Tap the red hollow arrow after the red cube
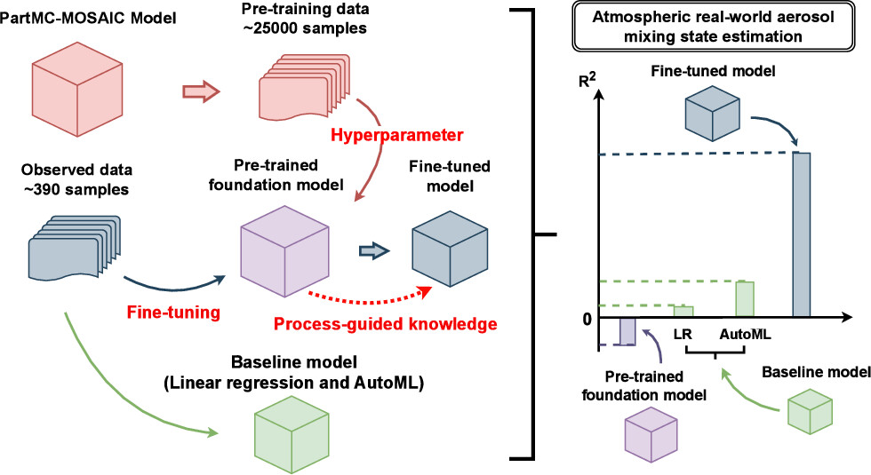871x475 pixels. click(x=199, y=90)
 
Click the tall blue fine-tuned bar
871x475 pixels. click(x=801, y=234)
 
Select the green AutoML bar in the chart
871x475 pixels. click(x=744, y=299)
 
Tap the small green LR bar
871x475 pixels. click(x=683, y=311)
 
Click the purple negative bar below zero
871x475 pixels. click(x=627, y=331)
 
